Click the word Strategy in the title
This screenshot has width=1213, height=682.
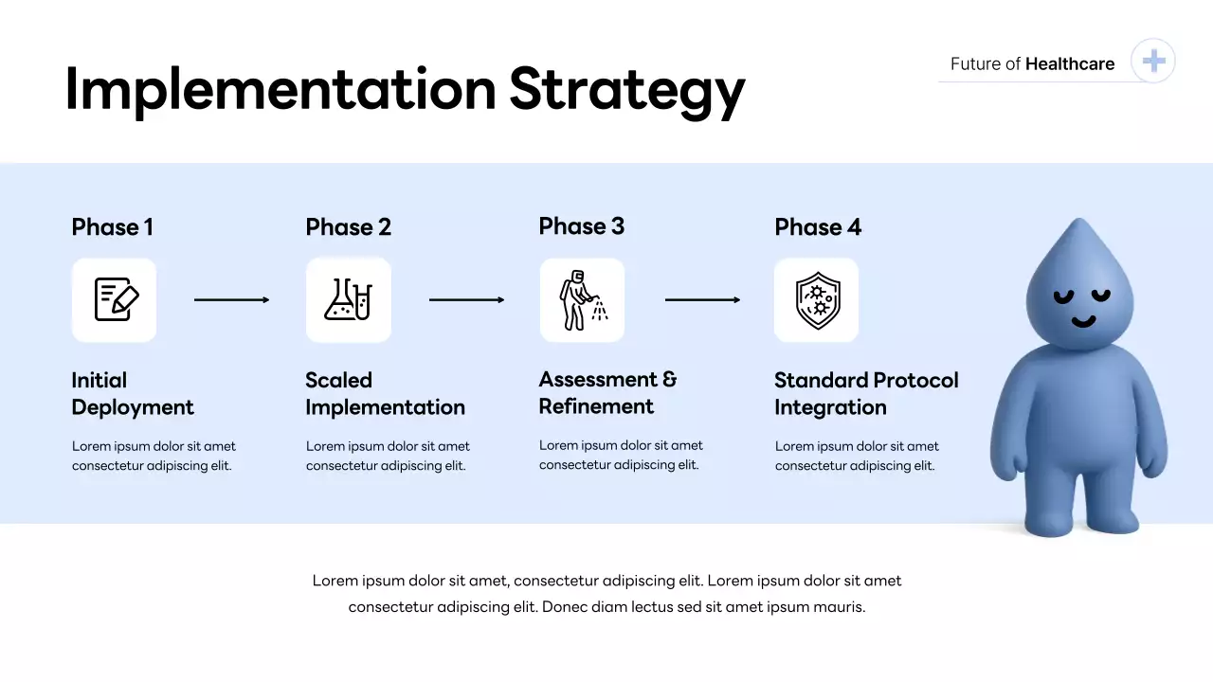click(x=626, y=91)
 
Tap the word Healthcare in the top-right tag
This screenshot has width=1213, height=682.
click(x=1070, y=64)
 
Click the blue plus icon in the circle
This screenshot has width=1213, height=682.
click(x=1153, y=62)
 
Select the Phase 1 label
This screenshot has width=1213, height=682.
click(x=112, y=227)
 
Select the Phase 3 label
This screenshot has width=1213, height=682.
click(x=581, y=226)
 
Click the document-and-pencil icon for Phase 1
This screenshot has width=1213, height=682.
click(x=115, y=300)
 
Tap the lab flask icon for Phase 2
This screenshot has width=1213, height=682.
click(x=348, y=300)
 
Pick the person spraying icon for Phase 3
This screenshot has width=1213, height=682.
click(x=582, y=300)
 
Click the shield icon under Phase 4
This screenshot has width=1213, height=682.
click(x=816, y=300)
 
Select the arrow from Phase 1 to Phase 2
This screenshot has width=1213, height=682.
click(x=231, y=300)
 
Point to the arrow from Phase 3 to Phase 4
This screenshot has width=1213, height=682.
click(x=702, y=300)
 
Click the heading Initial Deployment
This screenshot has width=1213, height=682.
click(x=132, y=394)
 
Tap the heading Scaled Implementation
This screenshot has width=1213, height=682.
click(x=385, y=394)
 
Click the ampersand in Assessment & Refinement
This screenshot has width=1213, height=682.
click(x=669, y=380)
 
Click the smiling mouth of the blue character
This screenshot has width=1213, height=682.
click(x=1083, y=322)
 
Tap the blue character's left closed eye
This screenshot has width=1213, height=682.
click(x=1064, y=296)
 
